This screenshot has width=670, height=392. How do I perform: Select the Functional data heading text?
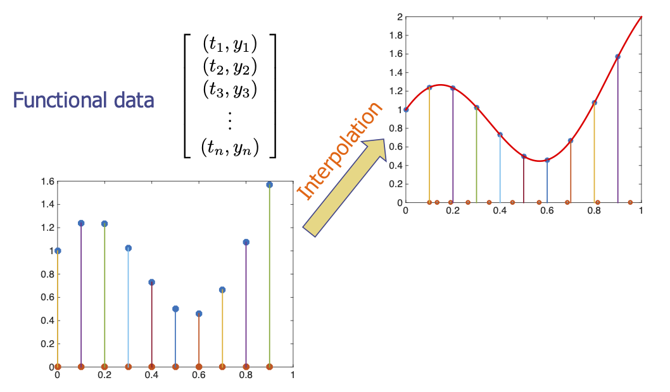(x=84, y=100)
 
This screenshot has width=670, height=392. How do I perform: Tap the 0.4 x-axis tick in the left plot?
(x=151, y=376)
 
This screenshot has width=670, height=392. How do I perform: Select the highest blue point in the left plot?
(x=270, y=185)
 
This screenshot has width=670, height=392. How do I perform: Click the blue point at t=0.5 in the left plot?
(x=175, y=309)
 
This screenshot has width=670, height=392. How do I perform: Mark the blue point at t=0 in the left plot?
(x=58, y=251)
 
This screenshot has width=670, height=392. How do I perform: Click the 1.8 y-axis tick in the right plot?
(x=395, y=35)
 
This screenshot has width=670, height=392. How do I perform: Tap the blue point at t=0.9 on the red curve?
(x=617, y=57)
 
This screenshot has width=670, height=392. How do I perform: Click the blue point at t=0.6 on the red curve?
(x=547, y=160)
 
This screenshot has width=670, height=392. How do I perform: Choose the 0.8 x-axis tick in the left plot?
(x=246, y=376)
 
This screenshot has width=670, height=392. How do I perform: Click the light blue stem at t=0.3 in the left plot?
(x=129, y=310)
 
